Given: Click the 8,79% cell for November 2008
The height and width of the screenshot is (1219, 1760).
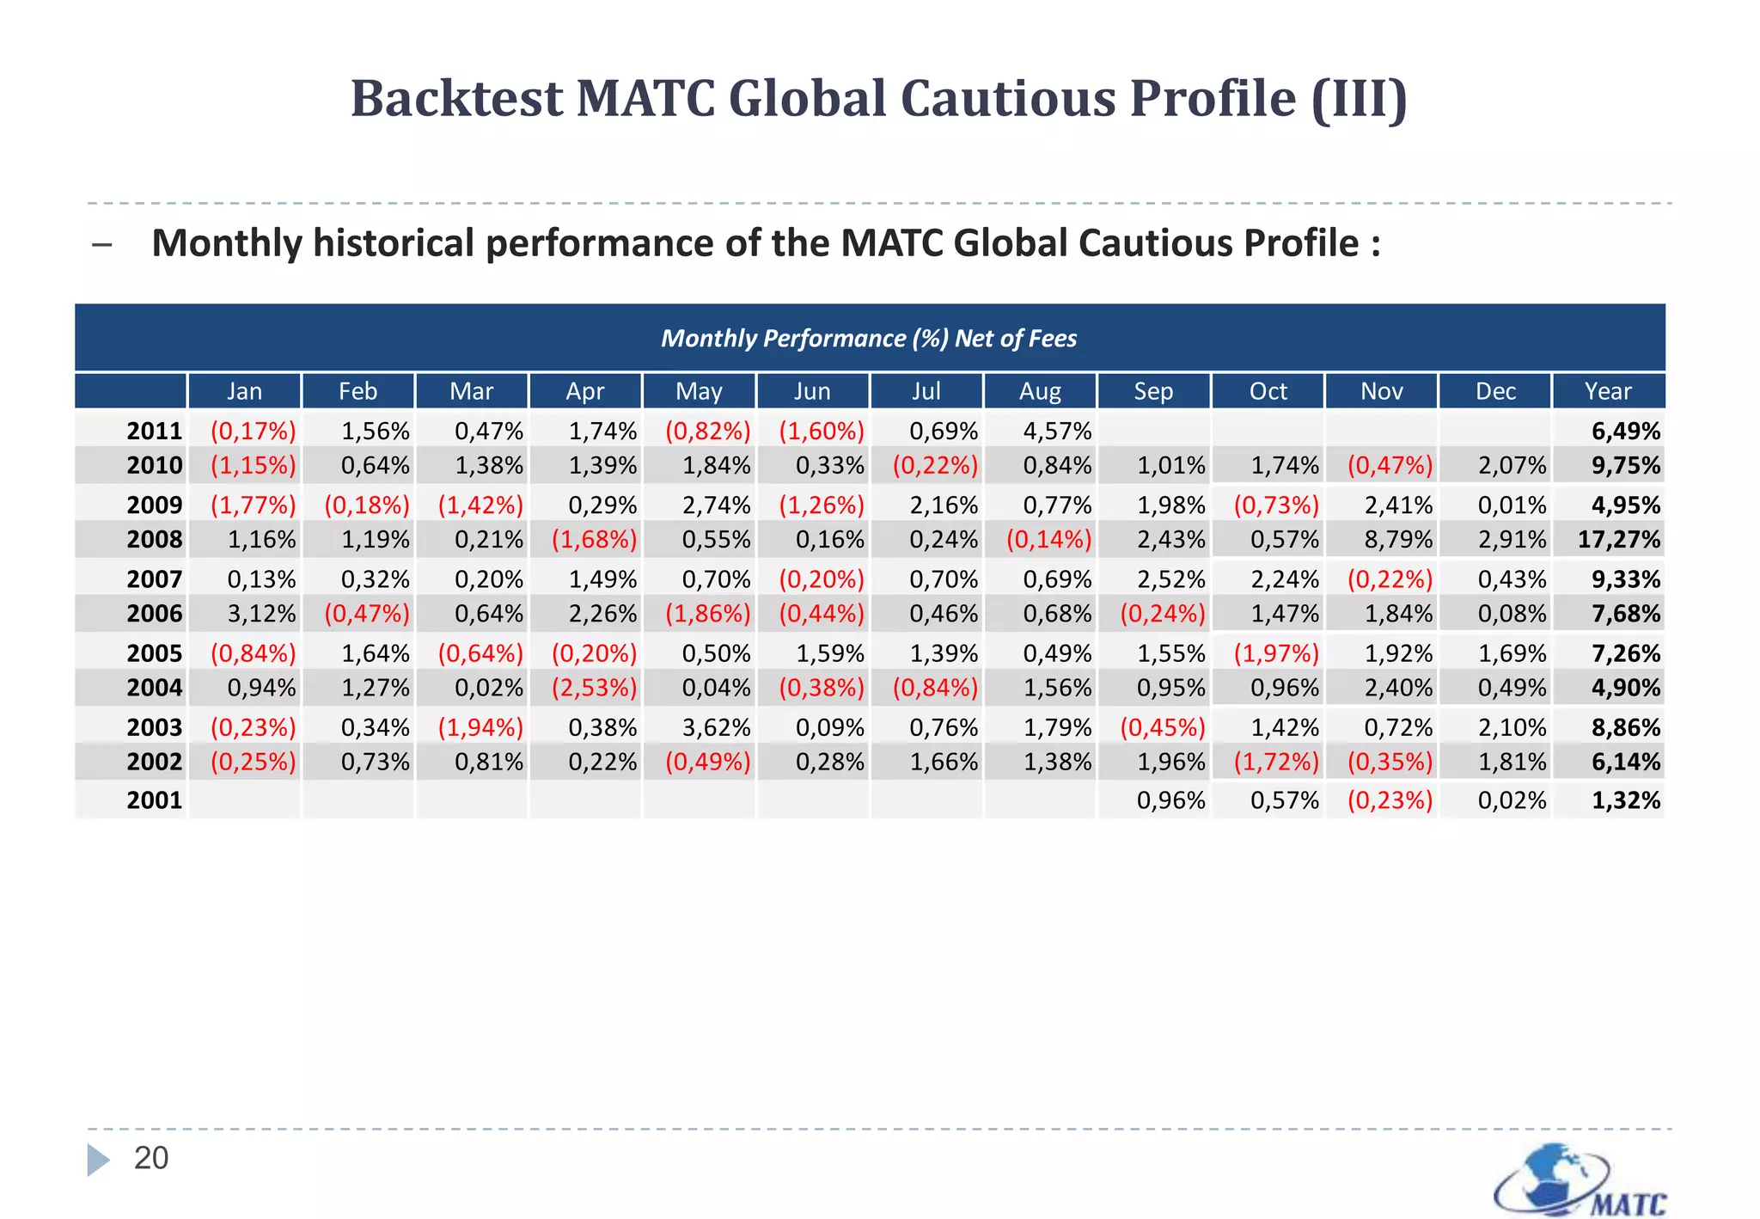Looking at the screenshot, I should click(x=1398, y=540).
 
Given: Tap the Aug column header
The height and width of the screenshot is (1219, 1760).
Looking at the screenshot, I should click(x=1040, y=391).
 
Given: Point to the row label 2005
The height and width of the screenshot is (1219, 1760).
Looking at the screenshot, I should click(x=155, y=653).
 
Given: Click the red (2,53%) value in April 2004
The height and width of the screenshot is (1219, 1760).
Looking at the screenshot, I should click(x=595, y=688).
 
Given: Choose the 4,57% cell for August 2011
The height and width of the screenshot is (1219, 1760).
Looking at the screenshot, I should click(x=1057, y=431).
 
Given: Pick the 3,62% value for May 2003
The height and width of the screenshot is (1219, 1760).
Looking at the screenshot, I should click(x=716, y=727).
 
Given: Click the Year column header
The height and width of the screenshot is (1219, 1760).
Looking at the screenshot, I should click(x=1608, y=391).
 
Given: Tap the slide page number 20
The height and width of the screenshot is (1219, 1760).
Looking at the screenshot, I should click(x=151, y=1158).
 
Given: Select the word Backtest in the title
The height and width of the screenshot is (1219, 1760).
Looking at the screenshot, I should click(x=455, y=98).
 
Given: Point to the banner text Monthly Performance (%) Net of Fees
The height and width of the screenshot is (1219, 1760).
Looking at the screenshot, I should click(x=869, y=338).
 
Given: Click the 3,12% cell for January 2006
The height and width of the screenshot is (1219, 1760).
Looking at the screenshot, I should click(x=261, y=614).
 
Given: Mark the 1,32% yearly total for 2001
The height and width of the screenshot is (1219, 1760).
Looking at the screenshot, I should click(x=1626, y=800).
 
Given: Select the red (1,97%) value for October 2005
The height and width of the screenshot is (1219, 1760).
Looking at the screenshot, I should click(x=1276, y=653).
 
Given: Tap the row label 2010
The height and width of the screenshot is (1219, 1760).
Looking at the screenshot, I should click(x=155, y=465).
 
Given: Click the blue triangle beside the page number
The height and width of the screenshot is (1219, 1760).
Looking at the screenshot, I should click(x=98, y=1159).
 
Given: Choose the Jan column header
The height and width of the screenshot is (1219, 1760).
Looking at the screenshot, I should click(x=244, y=391).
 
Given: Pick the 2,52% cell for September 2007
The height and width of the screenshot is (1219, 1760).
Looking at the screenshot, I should click(x=1170, y=579).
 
